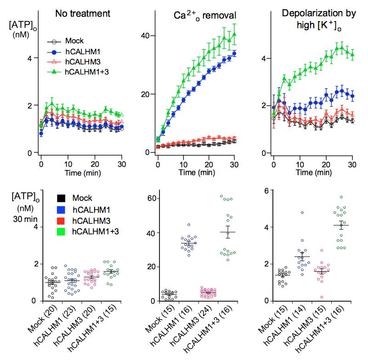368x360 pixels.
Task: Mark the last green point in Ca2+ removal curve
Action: pyautogui.click(x=234, y=34)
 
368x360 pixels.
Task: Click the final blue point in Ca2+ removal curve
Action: pyautogui.click(x=234, y=53)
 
